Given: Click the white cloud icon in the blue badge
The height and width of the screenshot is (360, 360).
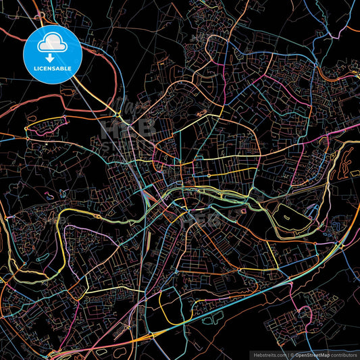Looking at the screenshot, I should click(52, 43).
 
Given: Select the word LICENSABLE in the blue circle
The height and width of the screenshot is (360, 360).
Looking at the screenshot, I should click(52, 69).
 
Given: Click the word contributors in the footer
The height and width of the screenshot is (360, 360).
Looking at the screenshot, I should click(343, 354).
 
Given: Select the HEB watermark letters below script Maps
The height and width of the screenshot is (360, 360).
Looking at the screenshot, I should click(128, 127).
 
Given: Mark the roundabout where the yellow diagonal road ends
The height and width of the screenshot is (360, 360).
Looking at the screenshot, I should click(27, 128).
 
